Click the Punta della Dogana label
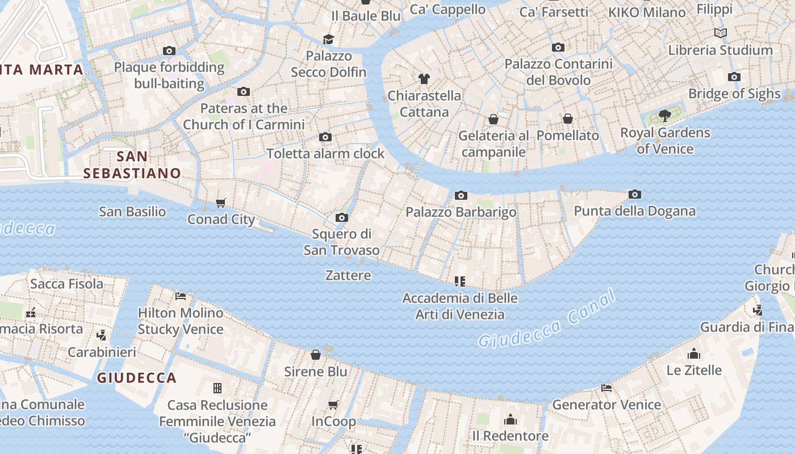tap(634, 211)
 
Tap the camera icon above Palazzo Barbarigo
tap(461, 196)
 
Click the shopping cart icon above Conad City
tap(221, 203)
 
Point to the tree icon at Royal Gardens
tap(664, 116)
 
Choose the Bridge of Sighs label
tap(734, 94)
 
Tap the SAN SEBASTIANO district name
tap(132, 165)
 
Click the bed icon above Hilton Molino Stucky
tap(181, 296)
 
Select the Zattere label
tap(348, 275)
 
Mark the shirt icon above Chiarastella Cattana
tap(424, 79)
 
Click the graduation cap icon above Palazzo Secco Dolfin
tap(329, 39)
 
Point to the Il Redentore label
tap(511, 436)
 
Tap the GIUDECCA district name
tap(136, 377)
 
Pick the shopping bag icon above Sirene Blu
tap(316, 355)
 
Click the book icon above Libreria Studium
tap(721, 33)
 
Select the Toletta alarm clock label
tap(325, 153)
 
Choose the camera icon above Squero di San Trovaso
tap(342, 218)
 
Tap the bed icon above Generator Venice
tap(606, 388)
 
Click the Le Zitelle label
tap(694, 370)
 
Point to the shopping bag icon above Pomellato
tap(568, 119)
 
